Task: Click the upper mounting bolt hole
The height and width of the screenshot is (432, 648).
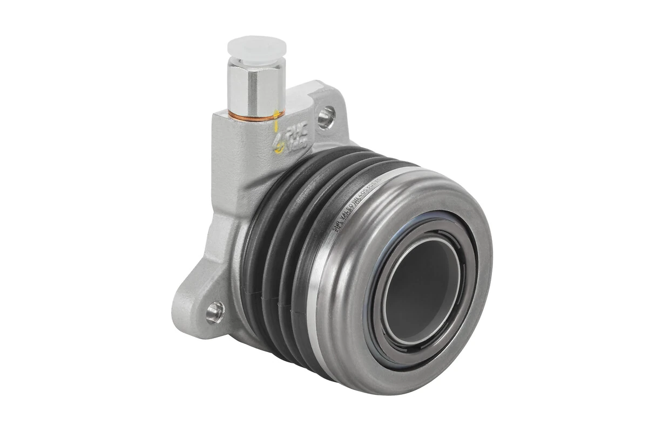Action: pyautogui.click(x=325, y=117)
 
